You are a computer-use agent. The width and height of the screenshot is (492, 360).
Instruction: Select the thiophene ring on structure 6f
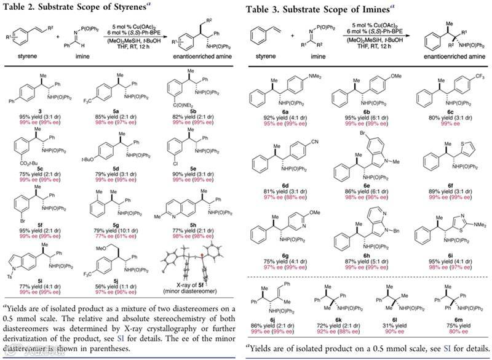pyautogui.click(x=457, y=129)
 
